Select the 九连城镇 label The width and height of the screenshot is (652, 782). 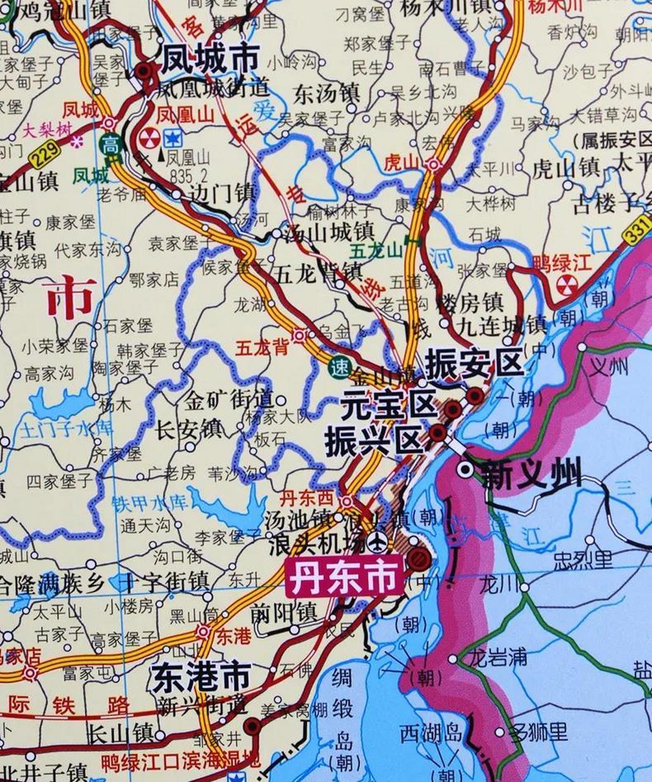tap(503, 323)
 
